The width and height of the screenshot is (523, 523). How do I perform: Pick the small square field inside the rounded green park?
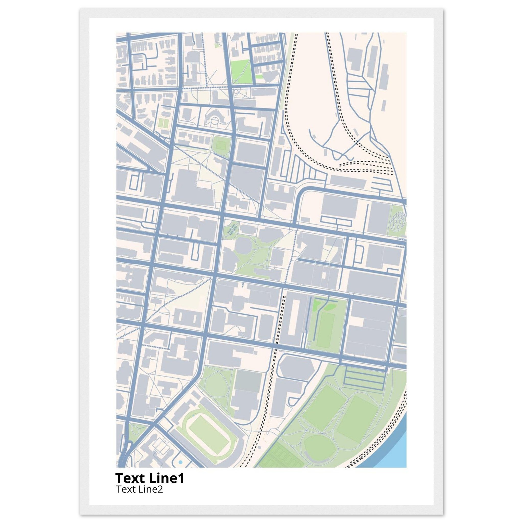[x=220, y=144]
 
